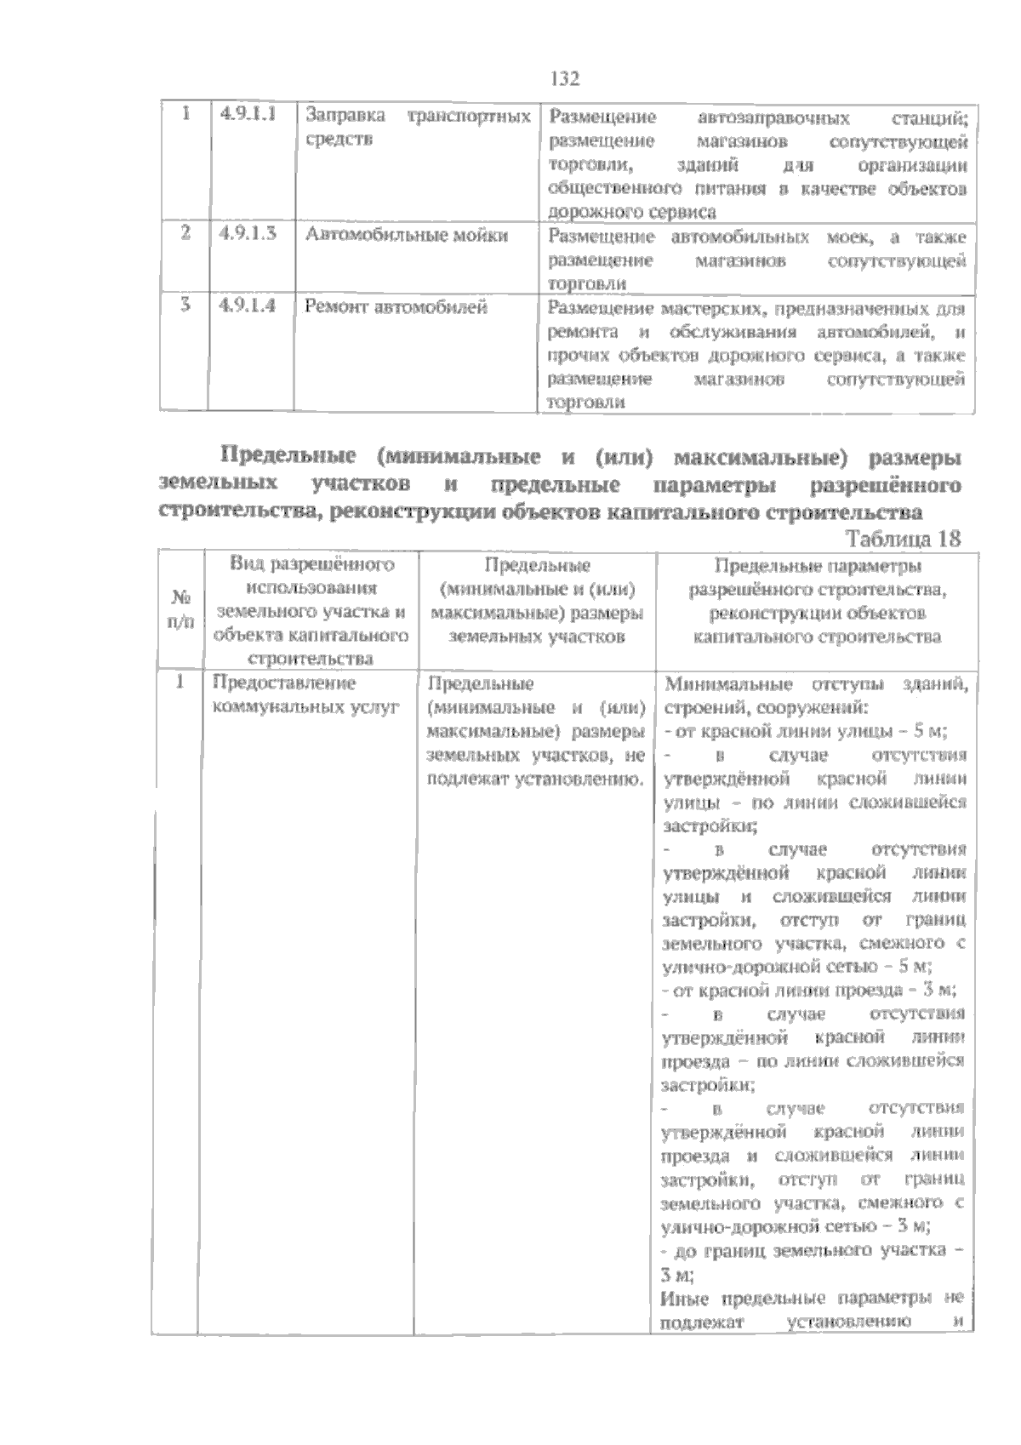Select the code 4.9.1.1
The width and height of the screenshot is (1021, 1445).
[x=248, y=115]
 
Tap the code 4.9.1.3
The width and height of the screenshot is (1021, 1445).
[x=248, y=235]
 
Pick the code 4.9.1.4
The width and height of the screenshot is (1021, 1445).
[x=248, y=306]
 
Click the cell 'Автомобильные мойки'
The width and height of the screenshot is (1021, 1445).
[x=407, y=235]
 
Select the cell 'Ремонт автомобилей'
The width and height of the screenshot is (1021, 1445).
[x=396, y=306]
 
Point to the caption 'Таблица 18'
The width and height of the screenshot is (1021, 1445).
[x=903, y=539]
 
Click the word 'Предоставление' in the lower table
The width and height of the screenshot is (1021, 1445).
[x=283, y=683]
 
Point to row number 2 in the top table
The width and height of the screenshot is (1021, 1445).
[x=185, y=235]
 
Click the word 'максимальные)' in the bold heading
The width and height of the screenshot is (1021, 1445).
[x=761, y=457]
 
